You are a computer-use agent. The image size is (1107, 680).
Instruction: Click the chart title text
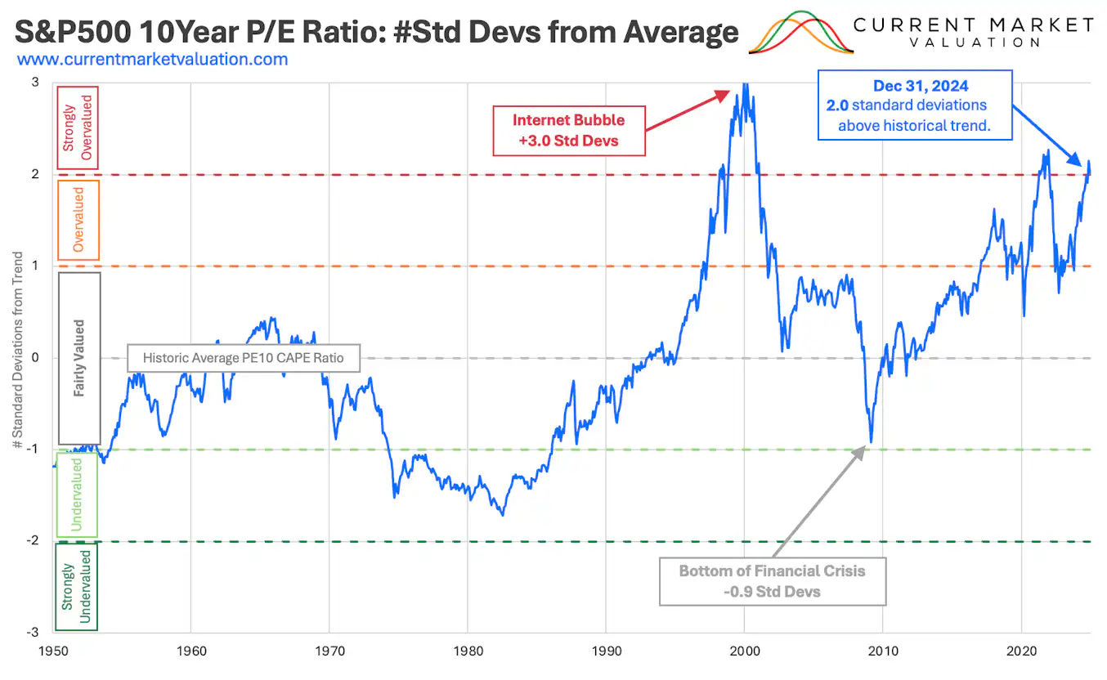click(376, 32)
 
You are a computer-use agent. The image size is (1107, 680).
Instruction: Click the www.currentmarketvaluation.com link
click(152, 59)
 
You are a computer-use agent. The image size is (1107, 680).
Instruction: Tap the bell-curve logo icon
click(800, 33)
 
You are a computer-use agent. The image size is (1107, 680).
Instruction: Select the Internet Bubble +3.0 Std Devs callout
click(569, 129)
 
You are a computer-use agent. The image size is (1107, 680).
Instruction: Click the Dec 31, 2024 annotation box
click(915, 105)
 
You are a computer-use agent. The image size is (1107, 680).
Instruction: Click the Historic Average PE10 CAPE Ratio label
click(244, 358)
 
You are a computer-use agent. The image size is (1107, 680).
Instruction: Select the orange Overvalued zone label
click(79, 220)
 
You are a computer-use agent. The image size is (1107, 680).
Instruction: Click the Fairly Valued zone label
click(79, 358)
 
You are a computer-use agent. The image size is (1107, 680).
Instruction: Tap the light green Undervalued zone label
click(76, 494)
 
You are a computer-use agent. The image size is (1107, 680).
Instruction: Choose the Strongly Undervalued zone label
click(76, 586)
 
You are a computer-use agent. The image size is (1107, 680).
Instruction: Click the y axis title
click(18, 358)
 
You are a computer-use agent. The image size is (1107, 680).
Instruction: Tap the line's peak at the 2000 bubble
click(744, 84)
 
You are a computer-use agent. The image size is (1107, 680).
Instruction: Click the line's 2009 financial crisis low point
click(871, 442)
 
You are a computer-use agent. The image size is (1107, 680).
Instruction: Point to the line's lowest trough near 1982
click(502, 515)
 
